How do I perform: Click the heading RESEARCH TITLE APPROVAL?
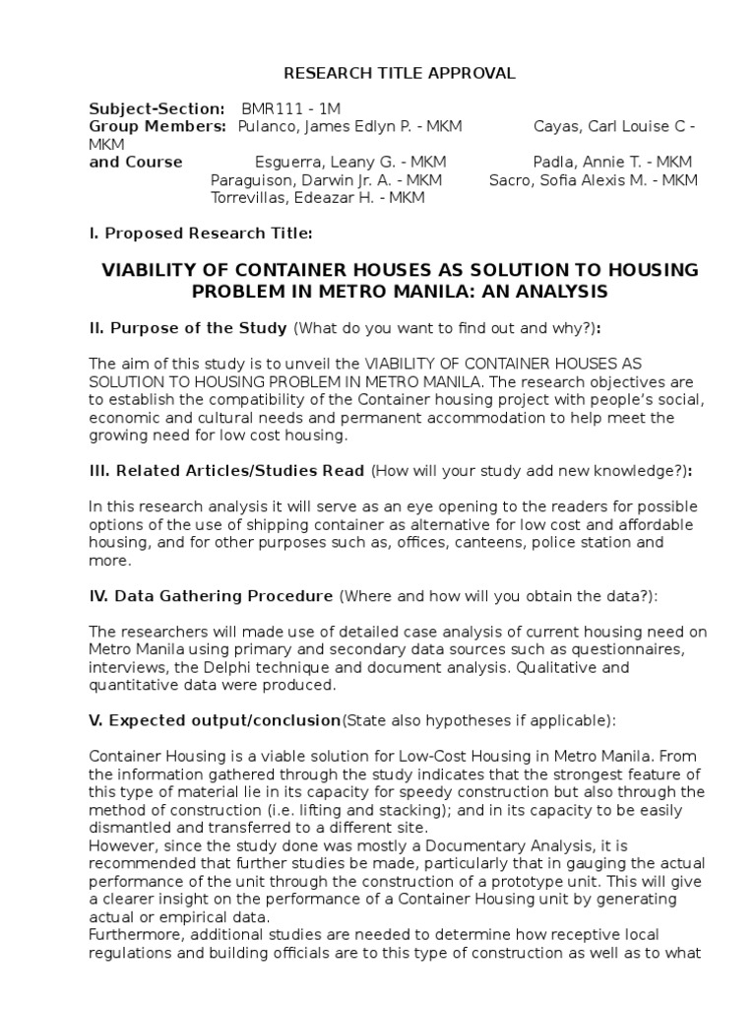pos(385,73)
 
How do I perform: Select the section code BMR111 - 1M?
pos(292,108)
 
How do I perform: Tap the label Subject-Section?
pos(157,108)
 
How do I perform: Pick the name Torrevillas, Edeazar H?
pos(299,198)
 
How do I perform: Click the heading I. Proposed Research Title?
pos(201,234)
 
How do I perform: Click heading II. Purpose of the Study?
pos(188,327)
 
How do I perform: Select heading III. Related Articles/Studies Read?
pos(226,471)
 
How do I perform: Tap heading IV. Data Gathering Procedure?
pos(211,596)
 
